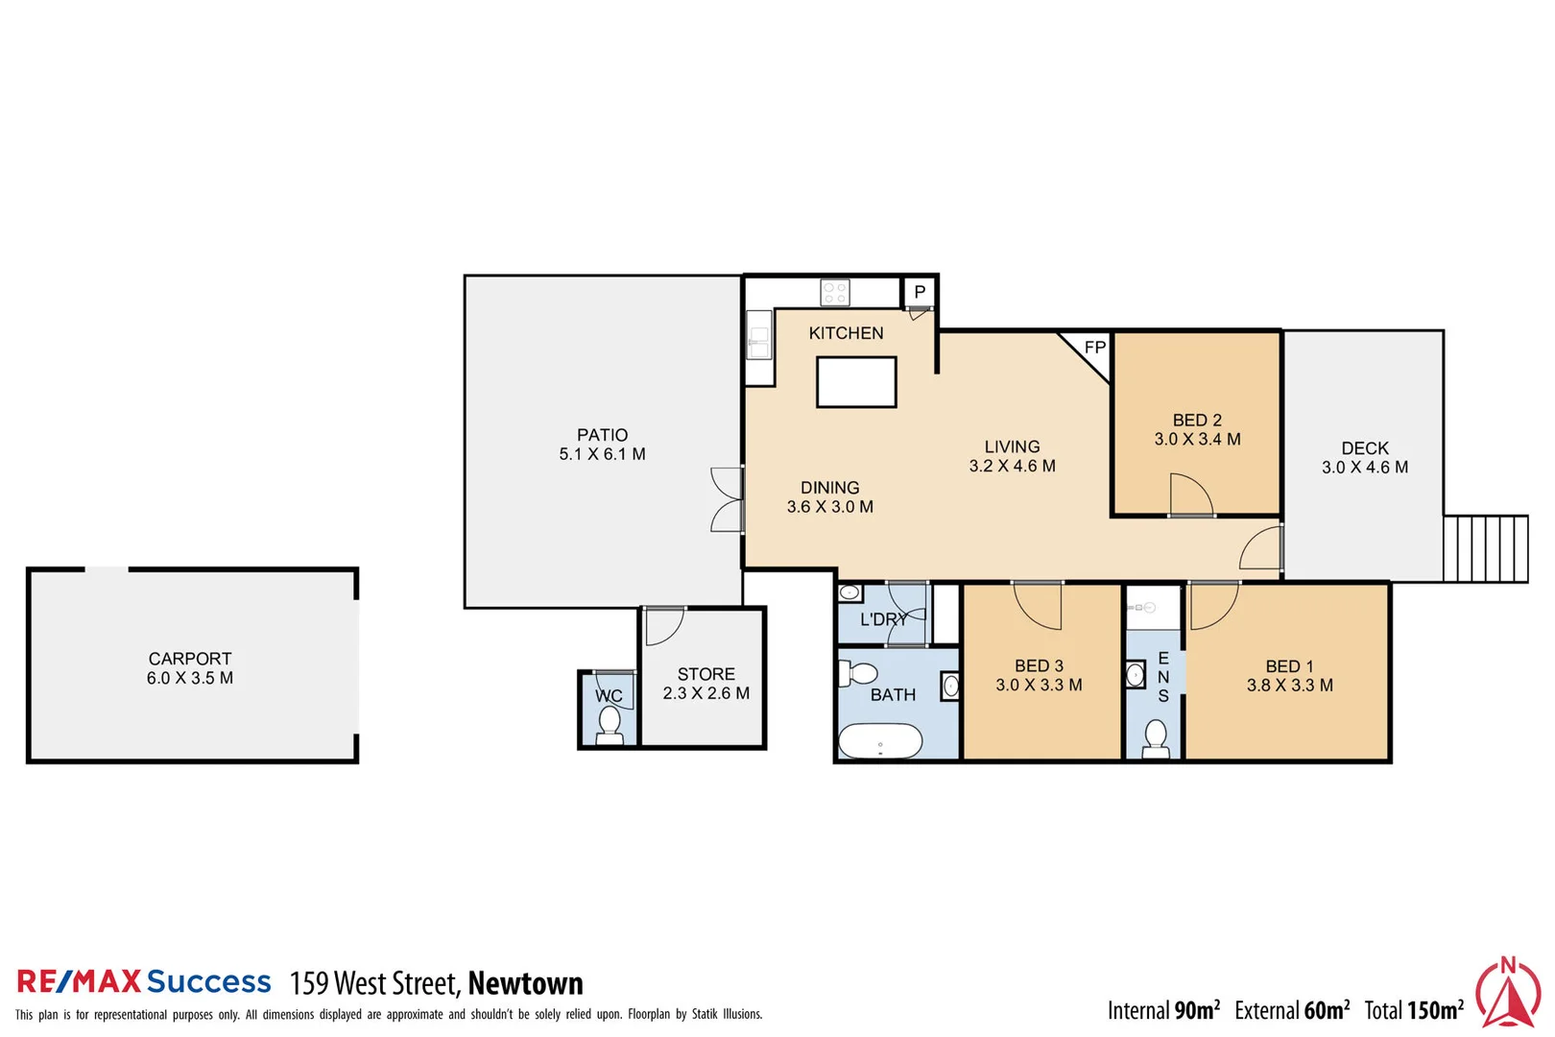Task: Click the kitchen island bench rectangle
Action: click(x=855, y=382)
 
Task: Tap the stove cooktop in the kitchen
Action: click(x=834, y=292)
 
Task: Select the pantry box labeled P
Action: click(x=919, y=292)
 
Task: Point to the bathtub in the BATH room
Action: click(x=880, y=741)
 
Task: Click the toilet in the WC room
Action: click(x=609, y=727)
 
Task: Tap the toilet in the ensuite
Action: click(x=1156, y=739)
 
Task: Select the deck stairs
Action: click(x=1485, y=548)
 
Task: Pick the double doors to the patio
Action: click(x=728, y=499)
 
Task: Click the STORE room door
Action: click(x=663, y=626)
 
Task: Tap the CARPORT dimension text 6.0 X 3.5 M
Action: click(x=190, y=678)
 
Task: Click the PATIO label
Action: click(x=602, y=435)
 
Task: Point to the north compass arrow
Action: click(x=1508, y=994)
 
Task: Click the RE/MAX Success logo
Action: click(x=144, y=981)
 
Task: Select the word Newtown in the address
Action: click(x=525, y=983)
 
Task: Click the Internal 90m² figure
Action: click(x=1163, y=1010)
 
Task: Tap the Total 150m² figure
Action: click(x=1414, y=1010)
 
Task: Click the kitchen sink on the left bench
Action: click(x=759, y=338)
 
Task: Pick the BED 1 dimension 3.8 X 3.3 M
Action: click(x=1289, y=686)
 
